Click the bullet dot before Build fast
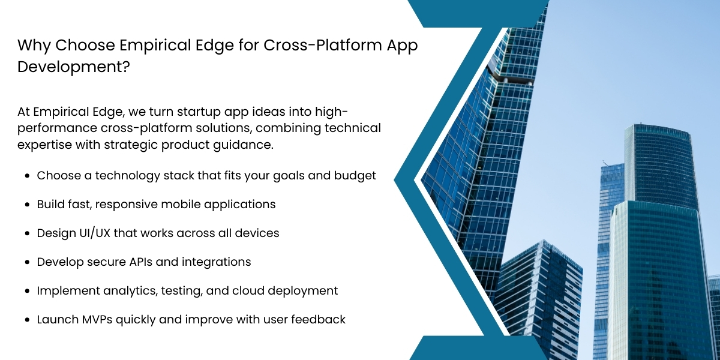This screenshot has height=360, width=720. click(x=27, y=205)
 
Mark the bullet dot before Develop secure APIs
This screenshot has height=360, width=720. click(x=27, y=262)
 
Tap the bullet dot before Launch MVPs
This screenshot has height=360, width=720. click(x=27, y=320)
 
